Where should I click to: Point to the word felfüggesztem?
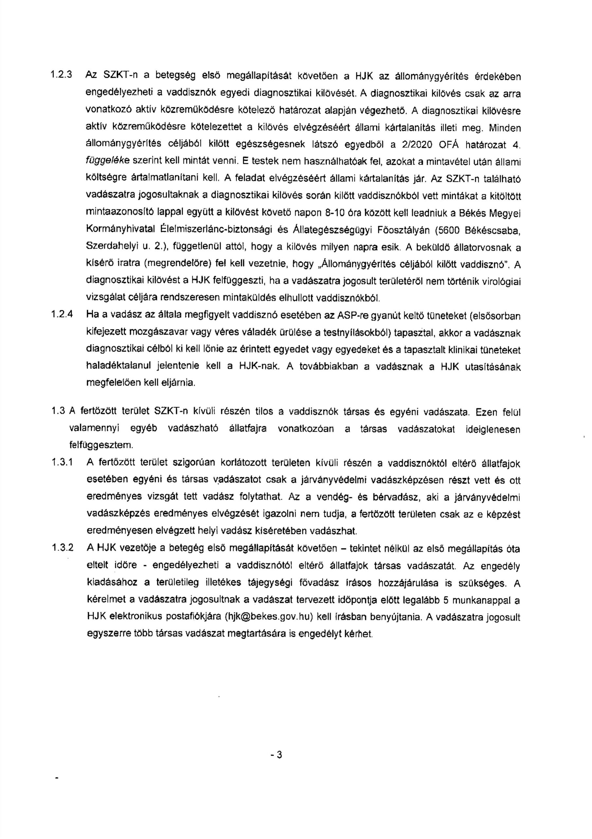tap(101, 445)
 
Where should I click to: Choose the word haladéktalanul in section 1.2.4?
tap(115, 366)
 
